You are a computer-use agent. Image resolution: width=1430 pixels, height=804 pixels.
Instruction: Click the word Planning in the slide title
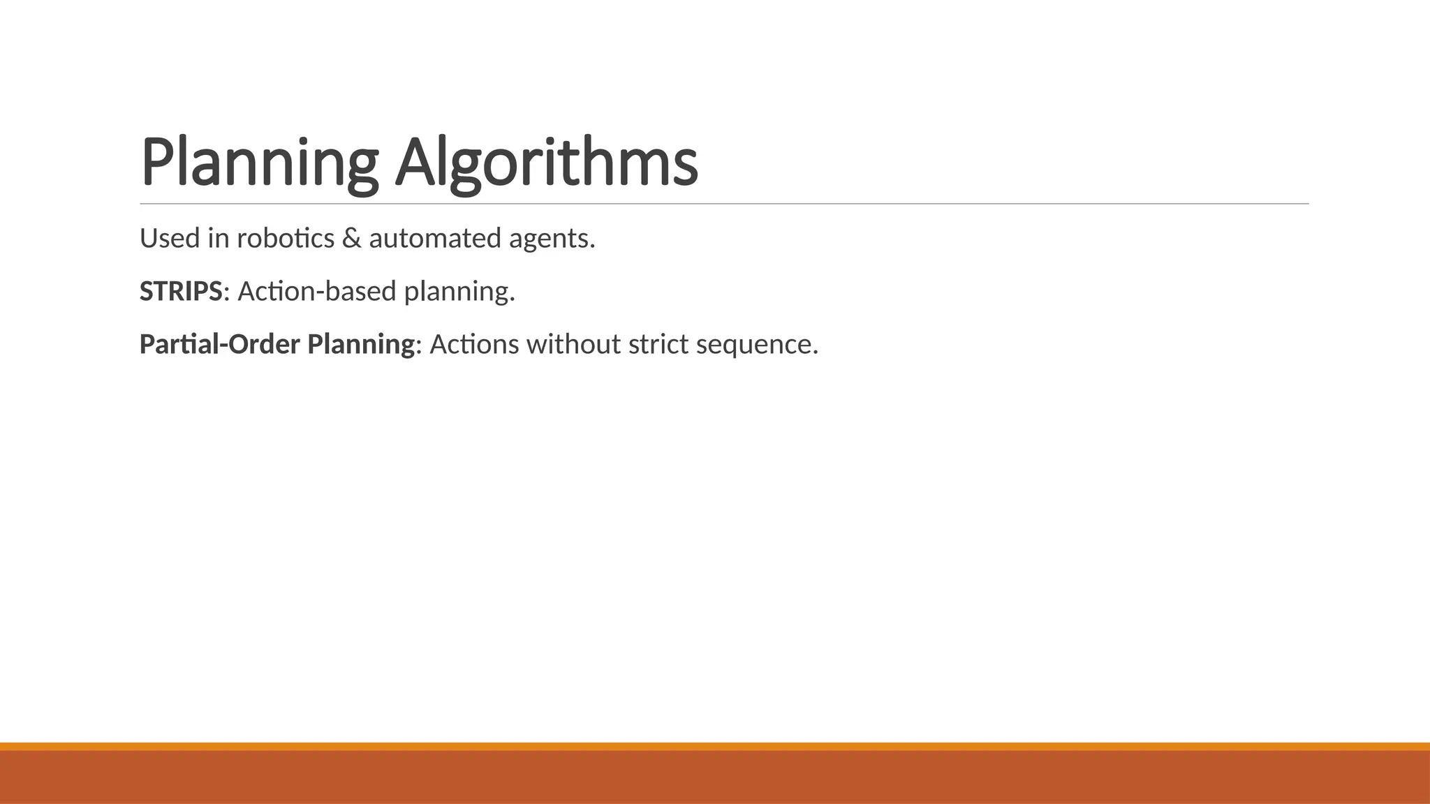[259, 162]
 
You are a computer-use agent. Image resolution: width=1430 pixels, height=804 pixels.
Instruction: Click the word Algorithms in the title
[547, 162]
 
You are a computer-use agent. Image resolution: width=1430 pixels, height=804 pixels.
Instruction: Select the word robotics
[286, 239]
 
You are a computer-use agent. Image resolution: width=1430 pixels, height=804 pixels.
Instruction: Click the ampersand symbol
[352, 239]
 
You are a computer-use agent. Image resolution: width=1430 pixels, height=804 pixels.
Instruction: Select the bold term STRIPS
[181, 291]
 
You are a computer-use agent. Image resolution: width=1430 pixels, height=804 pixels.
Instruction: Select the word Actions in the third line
[474, 344]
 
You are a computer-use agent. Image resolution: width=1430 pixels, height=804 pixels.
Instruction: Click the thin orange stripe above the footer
[715, 746]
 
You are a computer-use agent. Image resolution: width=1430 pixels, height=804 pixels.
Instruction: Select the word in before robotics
[219, 239]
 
